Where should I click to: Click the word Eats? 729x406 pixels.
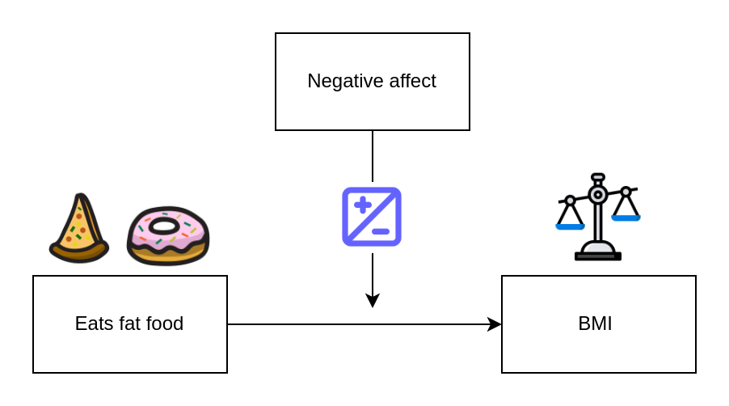pos(92,324)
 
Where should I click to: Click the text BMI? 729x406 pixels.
pos(595,324)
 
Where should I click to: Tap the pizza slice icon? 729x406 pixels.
pos(79,230)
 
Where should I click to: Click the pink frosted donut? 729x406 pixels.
pos(168,236)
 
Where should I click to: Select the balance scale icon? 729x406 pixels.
pos(598,217)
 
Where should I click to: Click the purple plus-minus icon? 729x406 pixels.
pos(372,217)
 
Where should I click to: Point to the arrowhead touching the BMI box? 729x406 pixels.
pos(495,324)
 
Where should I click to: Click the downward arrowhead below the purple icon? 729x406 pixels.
pos(373,300)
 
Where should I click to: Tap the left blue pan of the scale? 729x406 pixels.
pos(570,226)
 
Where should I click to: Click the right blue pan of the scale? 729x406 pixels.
pos(626,217)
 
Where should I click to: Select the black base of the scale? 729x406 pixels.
pos(598,256)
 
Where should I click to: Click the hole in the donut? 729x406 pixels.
pos(166,226)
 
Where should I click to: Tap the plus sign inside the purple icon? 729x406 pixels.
pos(363,205)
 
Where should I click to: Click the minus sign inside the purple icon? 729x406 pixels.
pos(381,231)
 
